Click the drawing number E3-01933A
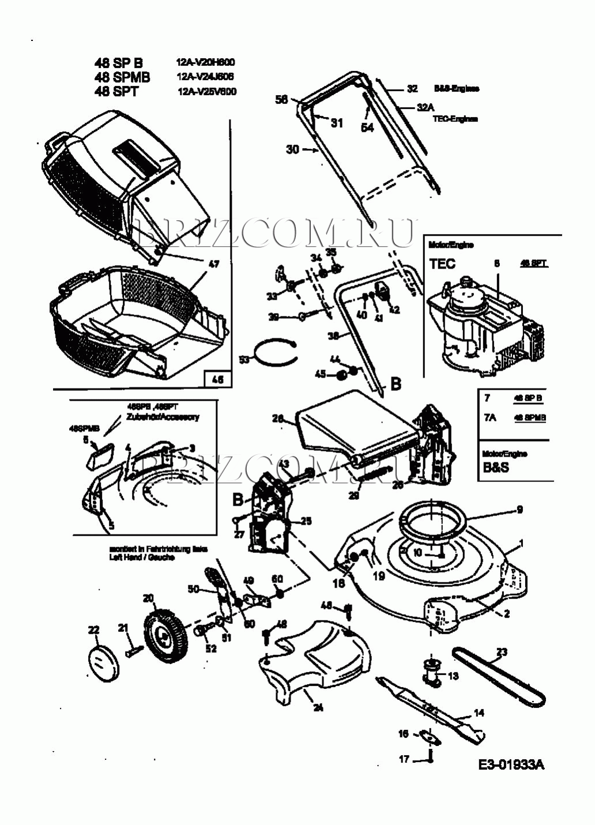click(x=511, y=764)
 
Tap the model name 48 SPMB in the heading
click(x=122, y=77)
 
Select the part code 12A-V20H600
click(x=206, y=62)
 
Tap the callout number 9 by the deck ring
click(x=519, y=509)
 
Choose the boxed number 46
click(x=218, y=379)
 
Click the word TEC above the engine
click(x=442, y=264)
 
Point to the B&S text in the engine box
click(x=496, y=468)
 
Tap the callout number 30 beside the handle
click(x=293, y=149)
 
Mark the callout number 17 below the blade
click(x=404, y=759)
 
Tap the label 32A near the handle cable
click(x=425, y=107)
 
